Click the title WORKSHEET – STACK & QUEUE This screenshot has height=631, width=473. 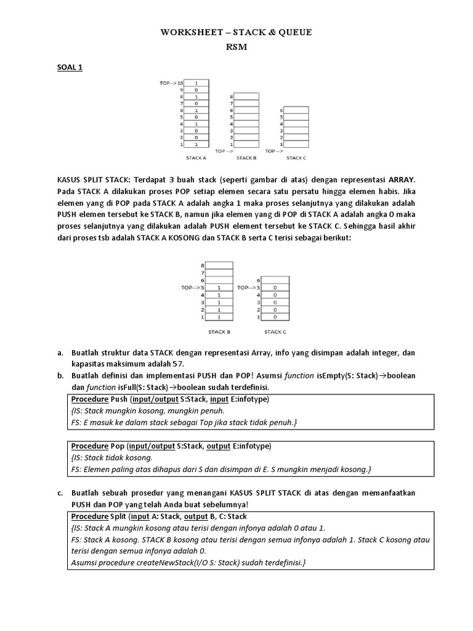pos(236,33)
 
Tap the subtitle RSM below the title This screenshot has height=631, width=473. pos(236,47)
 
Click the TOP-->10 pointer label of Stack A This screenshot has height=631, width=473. pos(172,83)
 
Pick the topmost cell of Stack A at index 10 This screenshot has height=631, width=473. pos(195,83)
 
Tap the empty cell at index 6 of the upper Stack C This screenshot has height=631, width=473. pos(296,110)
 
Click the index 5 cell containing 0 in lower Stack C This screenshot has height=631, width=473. pos(274,287)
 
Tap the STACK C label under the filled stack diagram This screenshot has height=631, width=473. pos(275,332)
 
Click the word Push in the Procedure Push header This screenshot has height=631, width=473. pos(119,399)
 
